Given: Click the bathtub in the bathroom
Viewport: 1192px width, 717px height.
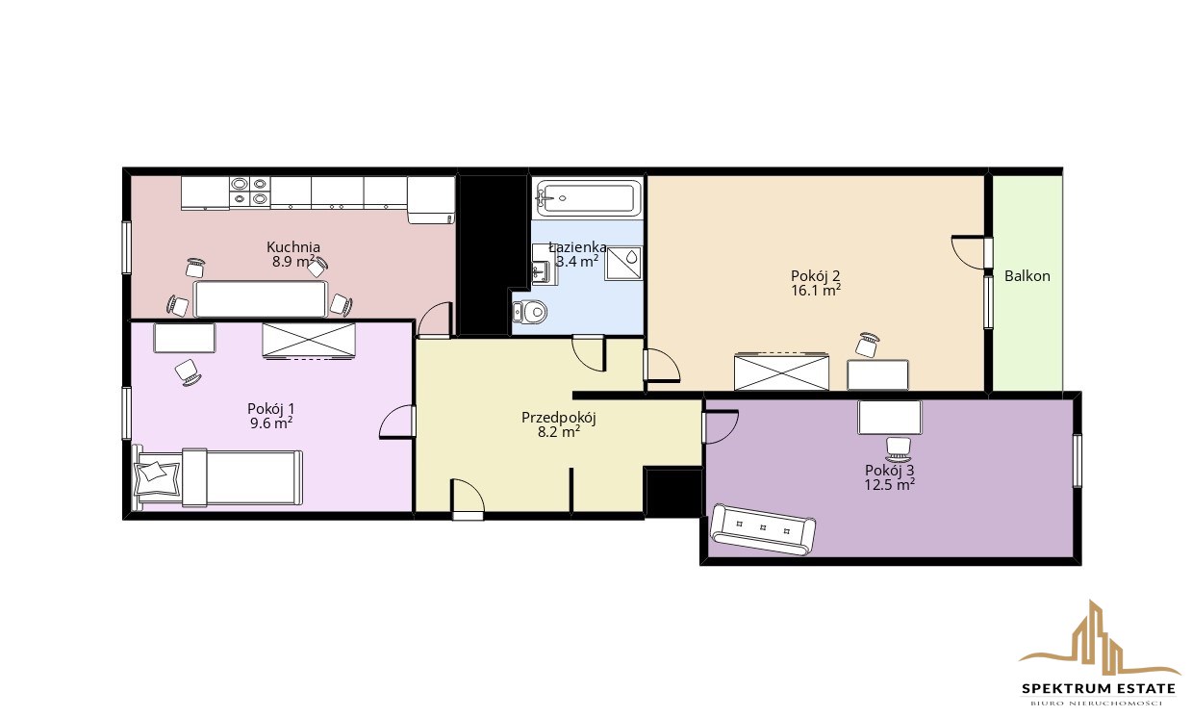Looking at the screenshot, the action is click(588, 198).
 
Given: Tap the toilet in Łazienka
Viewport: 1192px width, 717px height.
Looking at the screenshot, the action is click(529, 312).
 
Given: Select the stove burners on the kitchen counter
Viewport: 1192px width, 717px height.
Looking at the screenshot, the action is click(249, 192).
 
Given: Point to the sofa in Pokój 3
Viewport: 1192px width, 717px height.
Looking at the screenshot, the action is click(763, 529).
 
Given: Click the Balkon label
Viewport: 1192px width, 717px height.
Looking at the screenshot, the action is click(1027, 276).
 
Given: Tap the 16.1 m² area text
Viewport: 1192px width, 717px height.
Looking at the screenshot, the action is click(816, 291).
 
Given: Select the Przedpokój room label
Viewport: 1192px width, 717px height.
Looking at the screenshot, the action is click(559, 418).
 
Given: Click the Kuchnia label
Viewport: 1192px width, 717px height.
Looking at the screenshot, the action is click(293, 247).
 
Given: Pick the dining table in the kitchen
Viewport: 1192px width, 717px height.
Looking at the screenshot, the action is click(260, 298).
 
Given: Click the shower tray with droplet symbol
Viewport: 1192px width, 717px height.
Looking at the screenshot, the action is click(622, 263).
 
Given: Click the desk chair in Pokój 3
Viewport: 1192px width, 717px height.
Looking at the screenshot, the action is click(900, 449).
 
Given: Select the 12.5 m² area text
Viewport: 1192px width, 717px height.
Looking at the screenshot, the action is click(890, 485).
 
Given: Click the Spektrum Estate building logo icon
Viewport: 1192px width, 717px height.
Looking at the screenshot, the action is click(1099, 644).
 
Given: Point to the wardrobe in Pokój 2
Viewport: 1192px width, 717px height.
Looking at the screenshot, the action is click(781, 371).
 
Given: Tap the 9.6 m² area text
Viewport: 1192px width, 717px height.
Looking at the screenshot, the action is click(271, 423).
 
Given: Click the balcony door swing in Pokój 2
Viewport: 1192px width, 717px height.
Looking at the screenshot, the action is click(969, 252).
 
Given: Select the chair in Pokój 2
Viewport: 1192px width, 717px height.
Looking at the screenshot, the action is click(867, 345).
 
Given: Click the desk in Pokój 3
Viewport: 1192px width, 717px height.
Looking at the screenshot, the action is click(889, 418).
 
